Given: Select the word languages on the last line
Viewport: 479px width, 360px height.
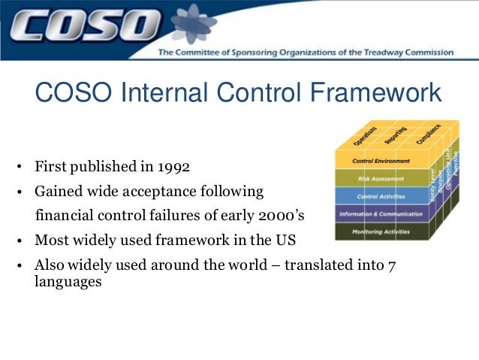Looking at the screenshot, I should (x=68, y=284).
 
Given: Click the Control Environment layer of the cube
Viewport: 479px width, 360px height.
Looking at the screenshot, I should (x=381, y=162).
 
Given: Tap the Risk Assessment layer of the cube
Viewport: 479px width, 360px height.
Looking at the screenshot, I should (x=381, y=180).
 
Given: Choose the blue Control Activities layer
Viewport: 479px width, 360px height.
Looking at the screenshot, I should (x=381, y=197).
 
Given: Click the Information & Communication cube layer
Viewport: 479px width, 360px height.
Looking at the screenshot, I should (x=381, y=214).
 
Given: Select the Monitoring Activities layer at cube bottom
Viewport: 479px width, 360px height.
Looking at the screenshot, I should (x=381, y=231).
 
